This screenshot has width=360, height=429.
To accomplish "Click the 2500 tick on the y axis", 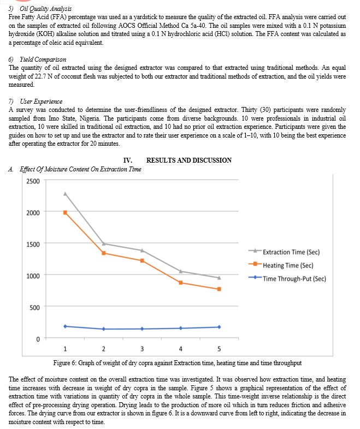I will (x=32, y=181).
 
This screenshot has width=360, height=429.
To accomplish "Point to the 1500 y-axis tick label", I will (x=32, y=244).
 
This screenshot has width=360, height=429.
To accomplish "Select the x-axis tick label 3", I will (x=142, y=349).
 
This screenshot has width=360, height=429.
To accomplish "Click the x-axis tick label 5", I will (x=219, y=349).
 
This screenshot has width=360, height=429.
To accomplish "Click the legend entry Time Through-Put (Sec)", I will (x=294, y=278).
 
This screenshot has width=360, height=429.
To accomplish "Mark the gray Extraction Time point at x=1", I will (x=65, y=193).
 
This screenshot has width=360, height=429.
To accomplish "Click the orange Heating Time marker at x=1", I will (x=65, y=212).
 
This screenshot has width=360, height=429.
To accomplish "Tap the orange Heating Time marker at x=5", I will (x=219, y=289).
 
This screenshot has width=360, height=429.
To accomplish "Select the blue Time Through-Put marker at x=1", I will (x=65, y=326).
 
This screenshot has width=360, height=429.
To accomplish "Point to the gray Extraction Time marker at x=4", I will (x=180, y=271).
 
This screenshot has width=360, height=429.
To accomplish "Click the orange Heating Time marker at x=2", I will (x=103, y=253).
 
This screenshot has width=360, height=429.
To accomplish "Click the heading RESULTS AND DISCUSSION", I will (x=188, y=160).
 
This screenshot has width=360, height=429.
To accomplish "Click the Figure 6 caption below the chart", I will (x=180, y=362).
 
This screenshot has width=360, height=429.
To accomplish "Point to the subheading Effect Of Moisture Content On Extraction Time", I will (x=80, y=169).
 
